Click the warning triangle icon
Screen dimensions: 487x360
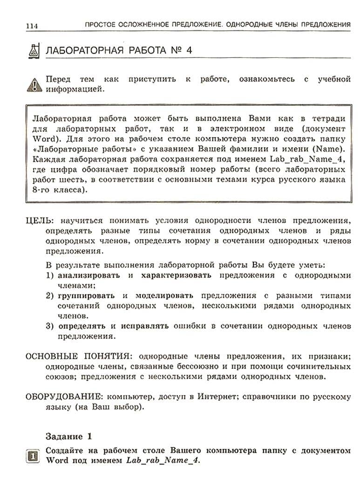(x=34, y=84)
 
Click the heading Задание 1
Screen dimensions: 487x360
(x=69, y=436)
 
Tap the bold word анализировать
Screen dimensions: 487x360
(x=88, y=275)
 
